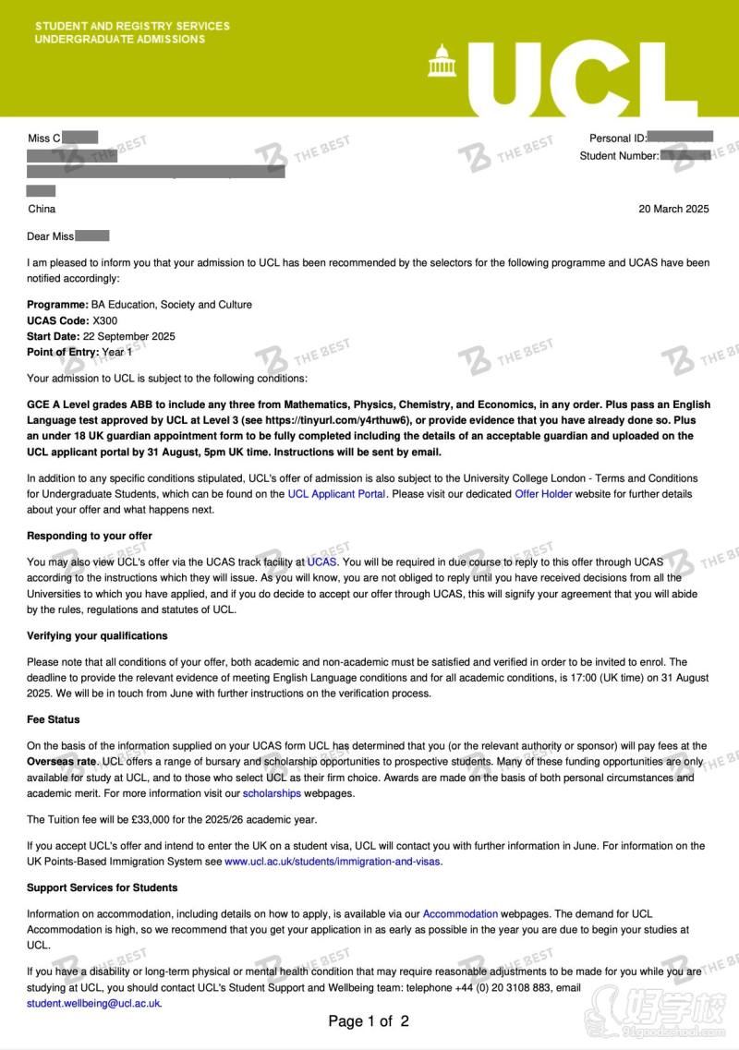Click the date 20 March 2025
click(673, 209)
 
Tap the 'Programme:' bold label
click(57, 305)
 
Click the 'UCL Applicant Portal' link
click(336, 494)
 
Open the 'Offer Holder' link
click(543, 494)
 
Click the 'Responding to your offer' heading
click(90, 536)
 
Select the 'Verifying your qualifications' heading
click(97, 636)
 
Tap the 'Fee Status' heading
click(54, 719)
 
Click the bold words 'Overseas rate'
click(62, 762)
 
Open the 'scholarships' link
click(272, 793)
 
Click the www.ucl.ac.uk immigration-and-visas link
click(333, 862)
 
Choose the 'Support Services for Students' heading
click(102, 887)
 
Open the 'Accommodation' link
click(460, 914)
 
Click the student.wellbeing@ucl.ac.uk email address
click(93, 1003)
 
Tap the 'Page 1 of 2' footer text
click(369, 1021)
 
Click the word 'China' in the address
click(42, 210)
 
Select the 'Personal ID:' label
click(618, 139)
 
